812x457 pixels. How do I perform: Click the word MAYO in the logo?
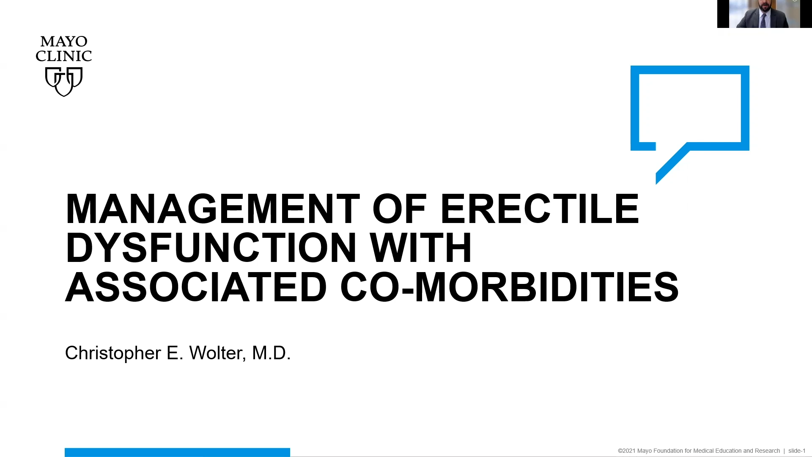[x=64, y=41]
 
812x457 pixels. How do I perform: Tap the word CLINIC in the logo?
[x=64, y=56]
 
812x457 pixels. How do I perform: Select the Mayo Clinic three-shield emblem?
[x=64, y=82]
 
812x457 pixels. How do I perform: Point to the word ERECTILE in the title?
[x=540, y=209]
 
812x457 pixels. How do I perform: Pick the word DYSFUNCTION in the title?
[x=211, y=248]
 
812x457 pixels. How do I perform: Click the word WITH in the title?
[x=421, y=248]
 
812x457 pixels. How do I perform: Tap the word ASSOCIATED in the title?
[x=196, y=287]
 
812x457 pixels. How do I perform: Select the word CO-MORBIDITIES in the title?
[x=510, y=287]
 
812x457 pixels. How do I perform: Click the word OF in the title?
[x=399, y=209]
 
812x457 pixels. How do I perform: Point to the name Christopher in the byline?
[x=113, y=353]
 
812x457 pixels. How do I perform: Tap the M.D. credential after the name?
[x=272, y=353]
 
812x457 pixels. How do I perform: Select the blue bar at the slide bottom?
[x=177, y=452]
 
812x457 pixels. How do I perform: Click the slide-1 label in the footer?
[x=797, y=451]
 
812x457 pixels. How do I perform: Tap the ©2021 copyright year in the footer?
[x=626, y=451]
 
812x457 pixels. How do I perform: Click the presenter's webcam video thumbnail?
[x=764, y=14]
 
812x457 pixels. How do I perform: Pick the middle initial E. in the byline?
[x=175, y=353]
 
